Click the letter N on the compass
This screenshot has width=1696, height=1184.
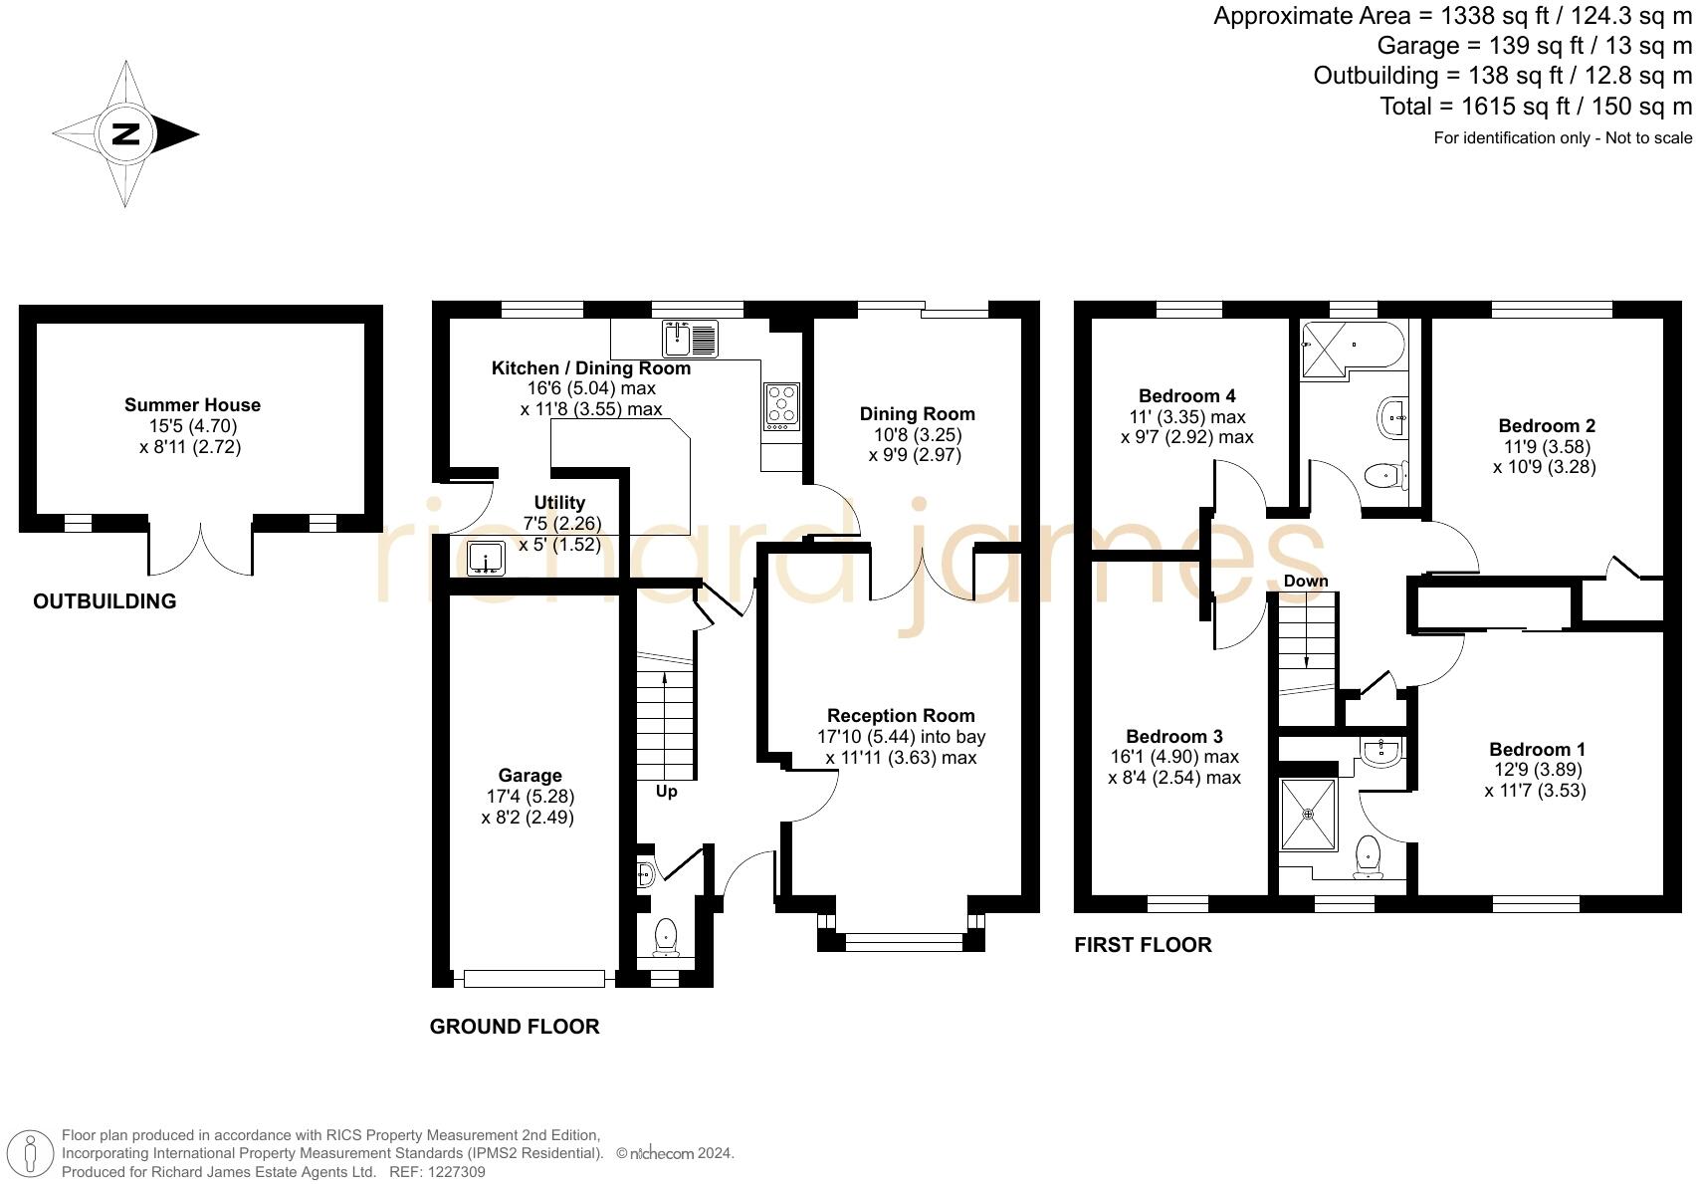tap(125, 134)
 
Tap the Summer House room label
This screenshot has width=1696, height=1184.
tap(192, 405)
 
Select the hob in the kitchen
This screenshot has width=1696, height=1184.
tap(782, 407)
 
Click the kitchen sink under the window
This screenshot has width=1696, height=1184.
tap(690, 339)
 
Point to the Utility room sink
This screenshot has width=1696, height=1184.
tap(486, 559)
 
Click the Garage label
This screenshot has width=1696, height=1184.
tap(530, 776)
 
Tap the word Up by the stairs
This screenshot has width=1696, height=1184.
tap(666, 792)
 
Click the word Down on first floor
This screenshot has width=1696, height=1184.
tap(1306, 581)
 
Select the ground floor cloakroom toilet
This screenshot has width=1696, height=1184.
tap(666, 938)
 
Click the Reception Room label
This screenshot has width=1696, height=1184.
tap(901, 716)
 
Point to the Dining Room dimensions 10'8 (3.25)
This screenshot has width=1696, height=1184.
tap(918, 435)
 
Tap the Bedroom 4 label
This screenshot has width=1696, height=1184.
tap(1187, 396)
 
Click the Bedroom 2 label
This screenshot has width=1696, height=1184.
tap(1547, 426)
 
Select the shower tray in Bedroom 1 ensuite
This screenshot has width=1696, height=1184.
tap(1309, 815)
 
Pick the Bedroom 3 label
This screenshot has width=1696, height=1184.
tap(1174, 736)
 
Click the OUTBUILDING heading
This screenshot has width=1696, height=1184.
tap(105, 601)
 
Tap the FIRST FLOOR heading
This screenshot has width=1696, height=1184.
tap(1144, 945)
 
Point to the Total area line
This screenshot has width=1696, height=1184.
tap(1536, 107)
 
